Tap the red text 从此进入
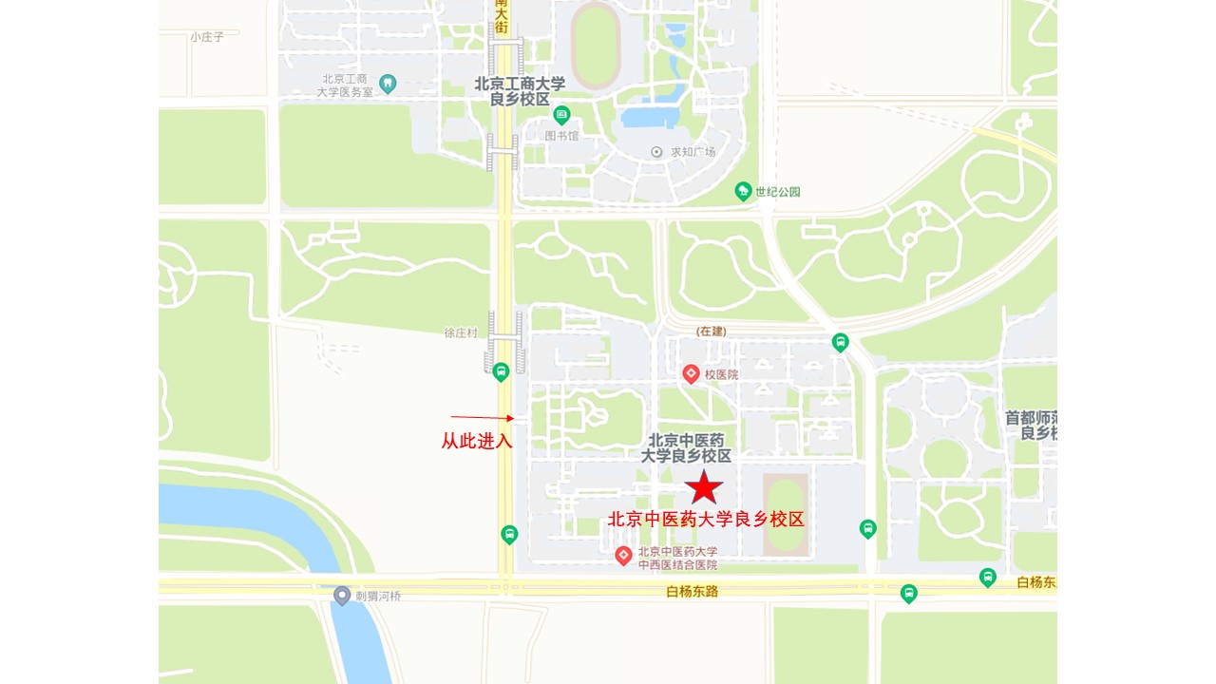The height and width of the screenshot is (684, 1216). pyautogui.click(x=477, y=441)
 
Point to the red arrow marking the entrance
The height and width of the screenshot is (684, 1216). pyautogui.click(x=482, y=417)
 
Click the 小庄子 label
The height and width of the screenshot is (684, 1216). pyautogui.click(x=206, y=37)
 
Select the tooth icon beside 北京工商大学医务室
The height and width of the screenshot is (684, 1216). pyautogui.click(x=387, y=84)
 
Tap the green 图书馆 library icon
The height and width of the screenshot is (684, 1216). pyautogui.click(x=561, y=116)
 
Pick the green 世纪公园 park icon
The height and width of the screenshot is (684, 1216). pyautogui.click(x=743, y=192)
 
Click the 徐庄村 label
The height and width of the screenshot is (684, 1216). pyautogui.click(x=461, y=332)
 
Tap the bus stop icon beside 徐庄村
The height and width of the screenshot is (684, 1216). pyautogui.click(x=501, y=371)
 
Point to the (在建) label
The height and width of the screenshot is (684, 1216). pyautogui.click(x=711, y=331)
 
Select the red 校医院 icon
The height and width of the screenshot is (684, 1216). pyautogui.click(x=692, y=374)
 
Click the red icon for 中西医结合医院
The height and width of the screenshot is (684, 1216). pyautogui.click(x=623, y=556)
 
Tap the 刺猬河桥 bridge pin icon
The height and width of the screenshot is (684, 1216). pyautogui.click(x=342, y=596)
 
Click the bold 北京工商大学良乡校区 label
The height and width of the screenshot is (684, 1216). pyautogui.click(x=520, y=91)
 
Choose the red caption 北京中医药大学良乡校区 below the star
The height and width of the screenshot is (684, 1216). pyautogui.click(x=706, y=520)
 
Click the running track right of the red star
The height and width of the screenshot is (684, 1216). pyautogui.click(x=786, y=515)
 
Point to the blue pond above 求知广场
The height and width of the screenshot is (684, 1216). pyautogui.click(x=650, y=118)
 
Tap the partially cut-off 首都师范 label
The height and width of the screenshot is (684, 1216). pyautogui.click(x=1032, y=426)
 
